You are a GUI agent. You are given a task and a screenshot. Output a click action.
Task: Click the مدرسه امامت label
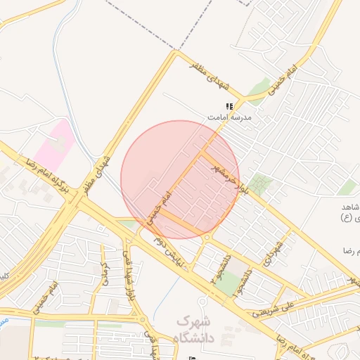227,118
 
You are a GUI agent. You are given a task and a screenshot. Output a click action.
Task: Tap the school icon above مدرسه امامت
229,106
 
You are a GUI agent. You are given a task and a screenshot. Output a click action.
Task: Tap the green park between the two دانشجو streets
226,283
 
